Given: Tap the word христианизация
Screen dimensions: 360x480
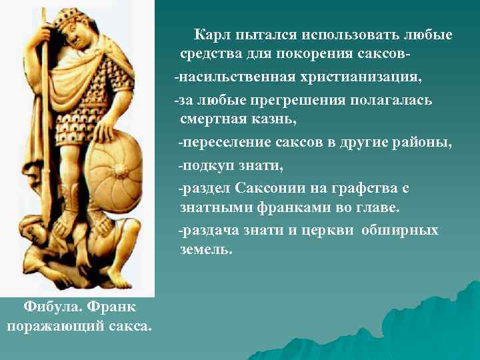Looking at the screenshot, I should [360, 77].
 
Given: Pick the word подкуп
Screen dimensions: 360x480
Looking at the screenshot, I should [209, 165].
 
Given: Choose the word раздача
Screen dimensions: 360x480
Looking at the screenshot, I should [211, 230].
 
